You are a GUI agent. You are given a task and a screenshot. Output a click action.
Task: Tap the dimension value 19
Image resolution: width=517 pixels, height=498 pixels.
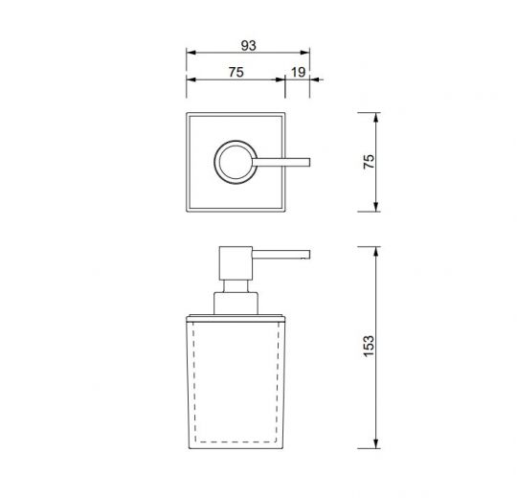(298, 70)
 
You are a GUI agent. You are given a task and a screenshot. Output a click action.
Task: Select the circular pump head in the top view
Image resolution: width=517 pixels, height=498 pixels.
(235, 161)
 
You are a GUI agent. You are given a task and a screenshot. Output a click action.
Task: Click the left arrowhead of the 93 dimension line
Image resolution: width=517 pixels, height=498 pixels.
(189, 54)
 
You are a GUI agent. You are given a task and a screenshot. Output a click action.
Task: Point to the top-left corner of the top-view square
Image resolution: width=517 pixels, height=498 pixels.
(188, 115)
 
